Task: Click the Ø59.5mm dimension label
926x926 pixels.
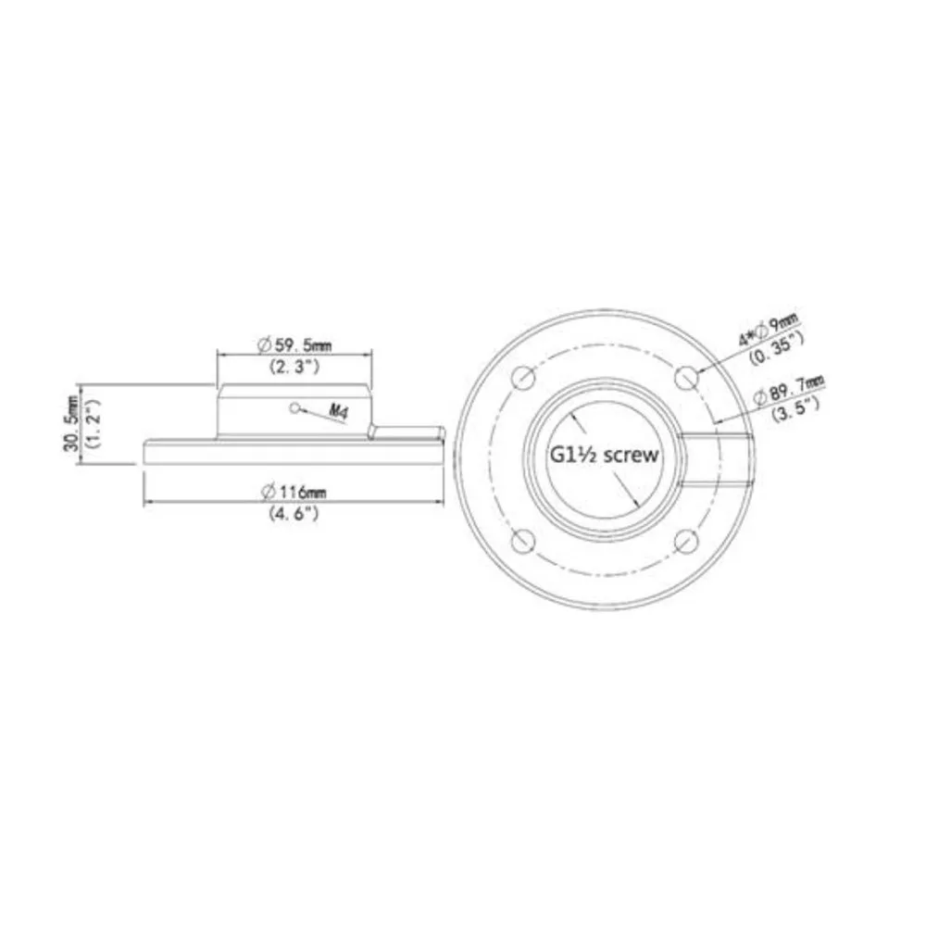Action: (x=294, y=344)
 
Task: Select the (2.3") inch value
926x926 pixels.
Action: (x=294, y=367)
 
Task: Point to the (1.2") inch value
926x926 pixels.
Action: (x=94, y=423)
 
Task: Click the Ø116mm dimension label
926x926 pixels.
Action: (x=294, y=492)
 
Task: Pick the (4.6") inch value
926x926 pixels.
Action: (x=294, y=513)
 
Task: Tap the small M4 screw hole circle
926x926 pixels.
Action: (x=294, y=407)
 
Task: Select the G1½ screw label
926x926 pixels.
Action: (x=604, y=455)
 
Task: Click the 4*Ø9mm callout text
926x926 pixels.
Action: (x=768, y=331)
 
